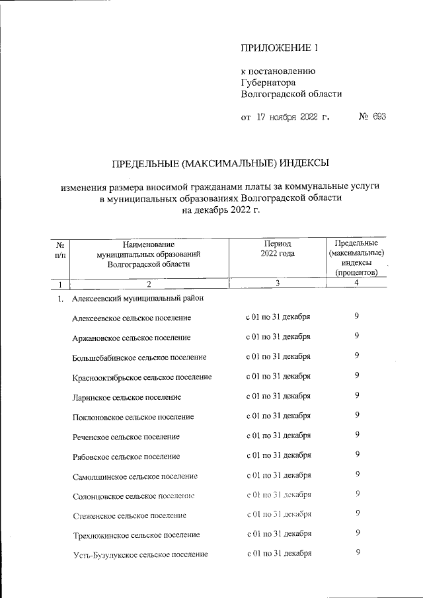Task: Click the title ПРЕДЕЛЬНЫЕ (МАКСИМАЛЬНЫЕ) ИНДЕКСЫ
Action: [219, 162]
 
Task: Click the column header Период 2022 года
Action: [278, 248]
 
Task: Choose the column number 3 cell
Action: [278, 284]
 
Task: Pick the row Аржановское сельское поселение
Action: [132, 337]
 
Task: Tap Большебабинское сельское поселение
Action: [139, 357]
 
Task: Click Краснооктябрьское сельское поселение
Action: [142, 377]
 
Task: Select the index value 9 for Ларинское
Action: [357, 396]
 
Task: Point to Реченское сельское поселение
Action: [126, 436]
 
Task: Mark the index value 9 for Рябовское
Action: [357, 455]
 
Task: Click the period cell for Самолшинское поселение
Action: [278, 474]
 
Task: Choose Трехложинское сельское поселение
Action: [137, 534]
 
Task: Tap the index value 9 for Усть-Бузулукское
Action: [357, 552]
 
